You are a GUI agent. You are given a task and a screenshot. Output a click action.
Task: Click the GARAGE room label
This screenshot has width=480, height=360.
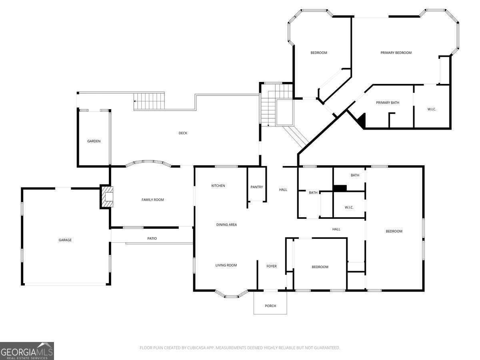(65, 240)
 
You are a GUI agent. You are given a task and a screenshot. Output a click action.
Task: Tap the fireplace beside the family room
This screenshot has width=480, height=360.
(107, 197)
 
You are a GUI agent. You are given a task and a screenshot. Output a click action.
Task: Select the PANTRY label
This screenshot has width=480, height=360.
(256, 187)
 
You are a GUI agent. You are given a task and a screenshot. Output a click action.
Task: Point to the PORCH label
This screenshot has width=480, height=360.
(270, 306)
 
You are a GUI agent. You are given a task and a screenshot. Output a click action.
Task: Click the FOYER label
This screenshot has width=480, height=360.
(272, 266)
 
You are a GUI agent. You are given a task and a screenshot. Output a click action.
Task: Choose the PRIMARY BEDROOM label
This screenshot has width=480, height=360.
(396, 53)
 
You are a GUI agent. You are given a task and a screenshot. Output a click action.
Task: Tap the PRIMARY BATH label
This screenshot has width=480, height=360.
(388, 103)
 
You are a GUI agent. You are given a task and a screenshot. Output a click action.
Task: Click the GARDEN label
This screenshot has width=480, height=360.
(94, 141)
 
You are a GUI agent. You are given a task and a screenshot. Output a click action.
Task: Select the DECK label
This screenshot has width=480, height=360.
(183, 133)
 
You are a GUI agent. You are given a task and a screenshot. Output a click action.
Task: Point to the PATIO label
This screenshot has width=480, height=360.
(152, 238)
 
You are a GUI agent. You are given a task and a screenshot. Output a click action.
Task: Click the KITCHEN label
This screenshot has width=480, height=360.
(218, 186)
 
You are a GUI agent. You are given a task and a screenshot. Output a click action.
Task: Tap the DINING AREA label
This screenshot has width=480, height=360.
(226, 225)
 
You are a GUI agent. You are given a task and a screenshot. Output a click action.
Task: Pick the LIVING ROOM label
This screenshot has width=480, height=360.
(226, 265)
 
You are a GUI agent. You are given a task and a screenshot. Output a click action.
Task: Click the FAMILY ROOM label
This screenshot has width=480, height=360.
(152, 200)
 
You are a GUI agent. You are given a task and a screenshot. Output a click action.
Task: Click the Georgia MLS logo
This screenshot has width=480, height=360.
(27, 351)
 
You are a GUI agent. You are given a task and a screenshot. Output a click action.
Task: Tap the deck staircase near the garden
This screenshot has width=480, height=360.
(149, 100)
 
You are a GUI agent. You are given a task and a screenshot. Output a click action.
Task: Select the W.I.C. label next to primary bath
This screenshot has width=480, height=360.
(432, 109)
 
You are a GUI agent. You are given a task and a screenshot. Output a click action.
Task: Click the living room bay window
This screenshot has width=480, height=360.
(232, 295)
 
